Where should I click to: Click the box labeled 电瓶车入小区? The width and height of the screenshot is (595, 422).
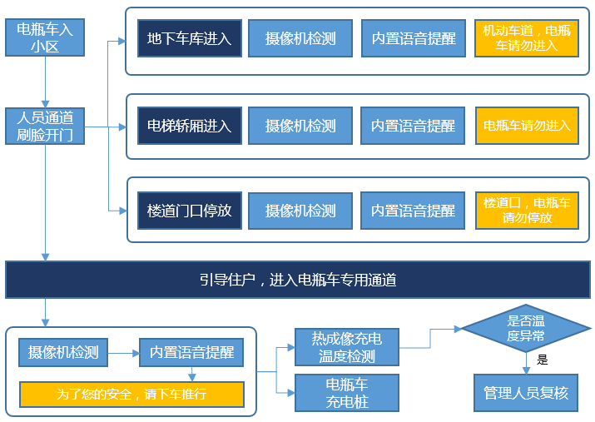pyautogui.click(x=45, y=37)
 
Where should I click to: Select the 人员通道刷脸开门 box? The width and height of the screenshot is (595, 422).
pyautogui.click(x=45, y=126)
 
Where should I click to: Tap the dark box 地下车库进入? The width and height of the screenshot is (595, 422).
pyautogui.click(x=189, y=38)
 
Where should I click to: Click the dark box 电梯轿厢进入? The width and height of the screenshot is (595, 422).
pyautogui.click(x=189, y=126)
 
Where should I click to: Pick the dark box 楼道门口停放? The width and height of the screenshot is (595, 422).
pyautogui.click(x=189, y=211)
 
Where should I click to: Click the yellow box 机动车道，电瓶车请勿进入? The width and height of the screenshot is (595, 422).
pyautogui.click(x=527, y=38)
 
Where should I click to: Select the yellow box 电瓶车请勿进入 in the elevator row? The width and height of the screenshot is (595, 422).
pyautogui.click(x=527, y=126)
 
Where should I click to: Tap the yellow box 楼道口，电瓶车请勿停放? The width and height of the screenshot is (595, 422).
pyautogui.click(x=527, y=211)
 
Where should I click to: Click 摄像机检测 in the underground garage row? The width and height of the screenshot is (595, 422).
pyautogui.click(x=300, y=38)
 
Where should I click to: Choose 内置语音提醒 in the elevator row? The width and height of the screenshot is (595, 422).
pyautogui.click(x=413, y=126)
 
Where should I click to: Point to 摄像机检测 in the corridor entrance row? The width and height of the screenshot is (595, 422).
pyautogui.click(x=300, y=211)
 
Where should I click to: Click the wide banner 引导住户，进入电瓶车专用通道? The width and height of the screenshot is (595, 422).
pyautogui.click(x=297, y=280)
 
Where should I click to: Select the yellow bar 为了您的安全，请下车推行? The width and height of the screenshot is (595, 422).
pyautogui.click(x=131, y=394)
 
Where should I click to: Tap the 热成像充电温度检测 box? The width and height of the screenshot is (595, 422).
pyautogui.click(x=347, y=347)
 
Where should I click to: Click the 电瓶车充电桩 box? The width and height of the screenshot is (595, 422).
pyautogui.click(x=347, y=392)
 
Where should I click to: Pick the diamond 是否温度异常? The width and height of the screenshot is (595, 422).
pyautogui.click(x=526, y=329)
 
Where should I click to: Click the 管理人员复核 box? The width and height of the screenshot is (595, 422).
pyautogui.click(x=526, y=392)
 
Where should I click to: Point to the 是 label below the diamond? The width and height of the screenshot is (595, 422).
pyautogui.click(x=543, y=360)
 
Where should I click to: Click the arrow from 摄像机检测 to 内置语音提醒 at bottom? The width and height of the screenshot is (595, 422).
pyautogui.click(x=122, y=353)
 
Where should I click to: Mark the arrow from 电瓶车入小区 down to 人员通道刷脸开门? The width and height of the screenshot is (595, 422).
pyautogui.click(x=45, y=82)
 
